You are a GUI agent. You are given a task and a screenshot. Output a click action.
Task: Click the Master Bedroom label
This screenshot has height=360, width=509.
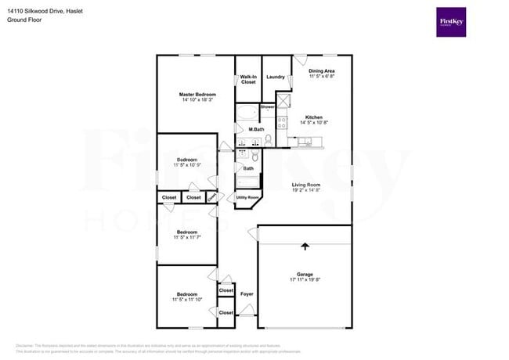click(197, 94)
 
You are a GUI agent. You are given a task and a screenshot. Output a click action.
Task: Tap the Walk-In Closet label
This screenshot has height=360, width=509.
click(248, 79)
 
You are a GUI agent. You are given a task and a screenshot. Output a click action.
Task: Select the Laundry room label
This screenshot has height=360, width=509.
click(275, 77)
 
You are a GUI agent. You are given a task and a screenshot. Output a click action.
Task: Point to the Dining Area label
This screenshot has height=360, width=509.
click(321, 71)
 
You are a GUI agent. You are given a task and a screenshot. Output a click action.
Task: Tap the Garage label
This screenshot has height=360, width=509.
click(305, 273)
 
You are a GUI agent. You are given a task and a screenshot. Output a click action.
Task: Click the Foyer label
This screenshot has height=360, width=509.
click(247, 294)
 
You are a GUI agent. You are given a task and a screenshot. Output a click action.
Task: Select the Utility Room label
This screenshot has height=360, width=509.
click(247, 198)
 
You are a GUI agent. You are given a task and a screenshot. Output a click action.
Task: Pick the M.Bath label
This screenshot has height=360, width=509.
click(254, 129)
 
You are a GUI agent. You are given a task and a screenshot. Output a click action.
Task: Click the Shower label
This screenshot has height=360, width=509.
click(267, 106)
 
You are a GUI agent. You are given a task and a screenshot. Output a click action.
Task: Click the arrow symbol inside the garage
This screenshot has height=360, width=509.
click(305, 247)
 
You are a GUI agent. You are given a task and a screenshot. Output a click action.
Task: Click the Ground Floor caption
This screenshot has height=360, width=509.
click(24, 20)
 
